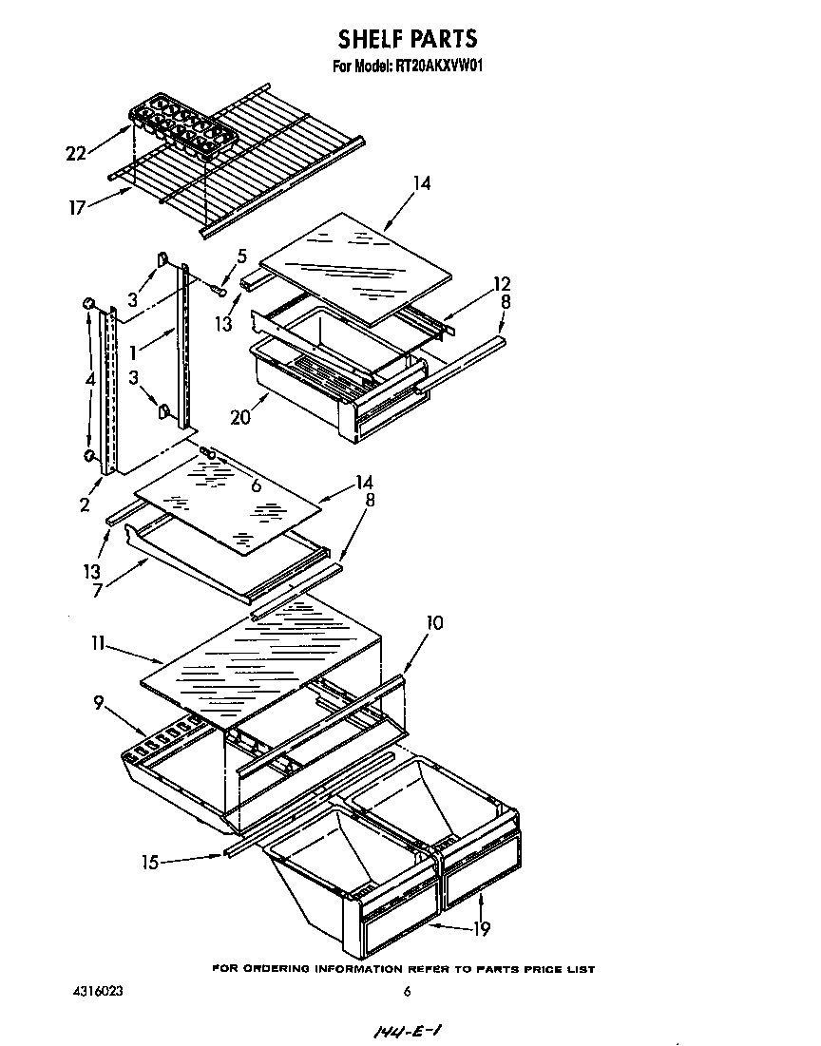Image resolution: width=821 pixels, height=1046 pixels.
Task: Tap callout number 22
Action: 77,153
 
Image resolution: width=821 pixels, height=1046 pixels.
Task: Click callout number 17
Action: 78,204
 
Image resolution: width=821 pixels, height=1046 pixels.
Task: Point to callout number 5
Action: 241,256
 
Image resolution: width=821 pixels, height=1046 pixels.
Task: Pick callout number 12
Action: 502,283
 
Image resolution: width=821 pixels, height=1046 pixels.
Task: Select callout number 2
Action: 85,504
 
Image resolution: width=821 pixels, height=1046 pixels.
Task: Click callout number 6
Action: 256,485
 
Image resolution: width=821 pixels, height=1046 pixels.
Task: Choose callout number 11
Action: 97,644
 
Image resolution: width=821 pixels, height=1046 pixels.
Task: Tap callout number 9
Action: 99,704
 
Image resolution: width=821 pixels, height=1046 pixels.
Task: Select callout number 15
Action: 150,862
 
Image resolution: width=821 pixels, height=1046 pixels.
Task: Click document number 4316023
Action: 98,992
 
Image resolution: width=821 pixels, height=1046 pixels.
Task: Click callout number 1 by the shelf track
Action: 135,352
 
